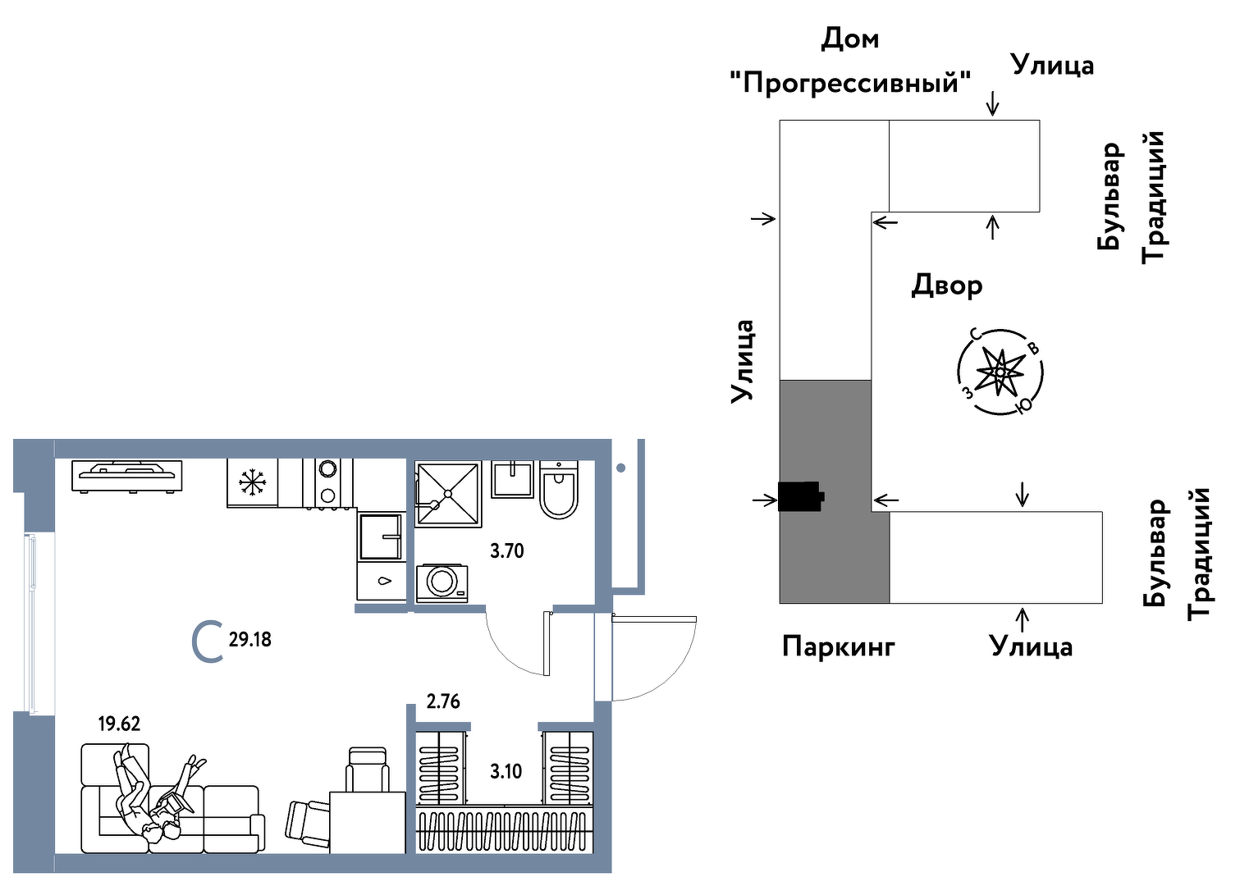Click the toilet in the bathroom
click(x=559, y=491)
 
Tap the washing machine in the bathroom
click(x=442, y=582)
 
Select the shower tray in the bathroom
click(x=447, y=494)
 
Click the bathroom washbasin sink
click(x=513, y=479)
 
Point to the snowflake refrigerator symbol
click(x=253, y=482)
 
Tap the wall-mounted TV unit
click(x=127, y=475)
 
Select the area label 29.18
click(x=249, y=639)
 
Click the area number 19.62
click(x=119, y=724)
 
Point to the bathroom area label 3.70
click(x=506, y=550)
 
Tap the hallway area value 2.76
click(x=443, y=701)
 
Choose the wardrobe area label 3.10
click(x=506, y=771)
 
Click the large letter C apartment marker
click(x=207, y=642)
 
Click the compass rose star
click(x=1000, y=372)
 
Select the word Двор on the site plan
click(x=947, y=285)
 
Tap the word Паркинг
click(x=838, y=646)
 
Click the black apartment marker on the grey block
click(x=800, y=496)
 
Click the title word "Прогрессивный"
click(x=850, y=83)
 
